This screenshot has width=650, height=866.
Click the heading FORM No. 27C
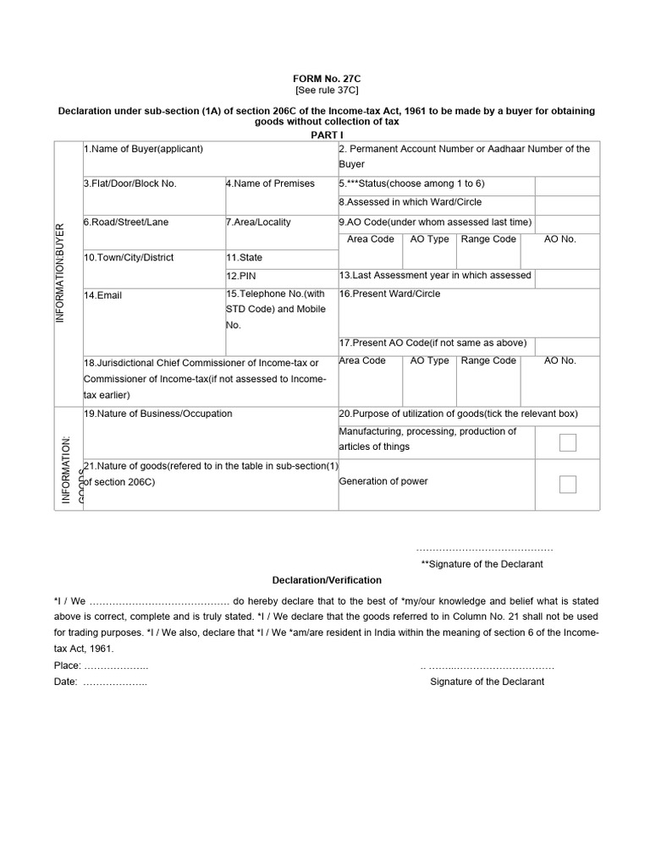[326, 77]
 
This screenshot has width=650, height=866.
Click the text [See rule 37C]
[326, 89]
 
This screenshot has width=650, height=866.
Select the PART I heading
[326, 134]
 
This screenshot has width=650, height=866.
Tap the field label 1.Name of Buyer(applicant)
[143, 149]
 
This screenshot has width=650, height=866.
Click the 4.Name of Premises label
[270, 184]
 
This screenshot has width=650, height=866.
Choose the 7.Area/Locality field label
[258, 222]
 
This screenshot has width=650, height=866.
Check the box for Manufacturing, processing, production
[568, 442]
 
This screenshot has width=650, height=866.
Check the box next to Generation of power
[568, 484]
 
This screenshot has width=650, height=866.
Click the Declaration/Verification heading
[327, 580]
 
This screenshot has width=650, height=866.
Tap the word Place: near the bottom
[67, 666]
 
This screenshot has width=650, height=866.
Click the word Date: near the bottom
[64, 682]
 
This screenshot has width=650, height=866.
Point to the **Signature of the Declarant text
[482, 564]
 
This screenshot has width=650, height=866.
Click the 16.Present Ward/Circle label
[389, 293]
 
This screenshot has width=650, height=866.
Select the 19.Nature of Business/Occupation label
[157, 414]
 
